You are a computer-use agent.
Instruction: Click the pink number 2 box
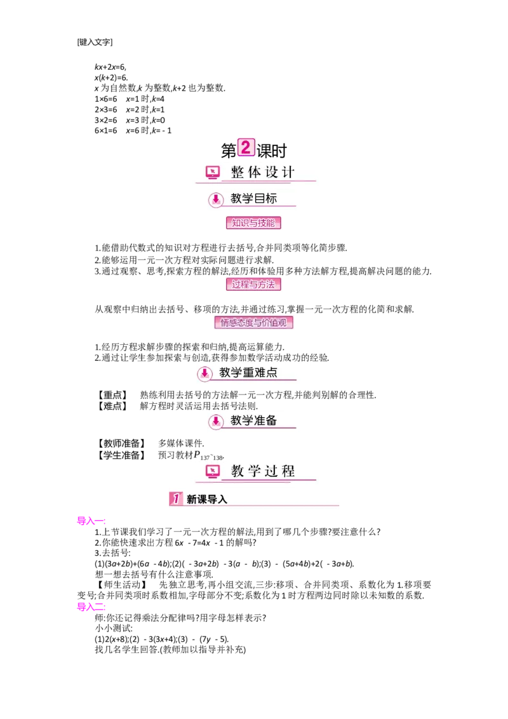pos(246,147)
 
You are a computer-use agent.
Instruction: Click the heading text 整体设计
pos(263,172)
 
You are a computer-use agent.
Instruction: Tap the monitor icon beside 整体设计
pos(213,172)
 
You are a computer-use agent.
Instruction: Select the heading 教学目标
pos(253,199)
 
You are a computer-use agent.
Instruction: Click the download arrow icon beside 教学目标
pos(216,199)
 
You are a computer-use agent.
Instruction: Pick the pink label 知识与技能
pos(253,223)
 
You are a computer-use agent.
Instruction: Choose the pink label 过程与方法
pos(253,284)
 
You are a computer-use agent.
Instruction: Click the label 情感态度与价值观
pos(253,323)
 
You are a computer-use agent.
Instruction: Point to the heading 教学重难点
pos(248,373)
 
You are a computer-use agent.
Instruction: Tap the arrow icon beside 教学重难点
pos(204,373)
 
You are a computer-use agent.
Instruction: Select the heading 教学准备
pos(253,420)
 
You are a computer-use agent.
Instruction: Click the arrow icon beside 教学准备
pos(216,421)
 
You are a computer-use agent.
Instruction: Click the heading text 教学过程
pos(263,471)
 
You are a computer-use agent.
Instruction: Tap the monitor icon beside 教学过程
pos(213,471)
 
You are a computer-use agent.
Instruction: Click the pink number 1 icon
pos(176,499)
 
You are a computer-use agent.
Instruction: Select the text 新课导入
pos(206,499)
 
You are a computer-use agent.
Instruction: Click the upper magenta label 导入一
pos(91,521)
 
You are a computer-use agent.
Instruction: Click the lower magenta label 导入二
pos(91,607)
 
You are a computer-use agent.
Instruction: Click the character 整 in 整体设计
pos(237,172)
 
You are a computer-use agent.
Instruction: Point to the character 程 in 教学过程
pos(289,471)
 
